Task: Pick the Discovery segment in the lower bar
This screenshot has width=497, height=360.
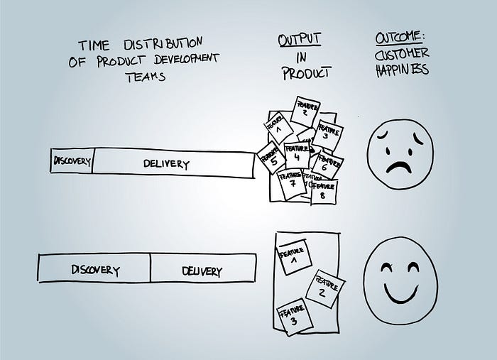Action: point(94,271)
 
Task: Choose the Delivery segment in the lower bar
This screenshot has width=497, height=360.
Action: point(202,271)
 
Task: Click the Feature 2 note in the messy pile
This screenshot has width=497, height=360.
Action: point(303,110)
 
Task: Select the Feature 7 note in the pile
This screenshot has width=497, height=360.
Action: point(291,182)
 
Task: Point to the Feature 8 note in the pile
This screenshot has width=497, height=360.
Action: point(323,191)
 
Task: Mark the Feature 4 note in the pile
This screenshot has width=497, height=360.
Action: point(297,154)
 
